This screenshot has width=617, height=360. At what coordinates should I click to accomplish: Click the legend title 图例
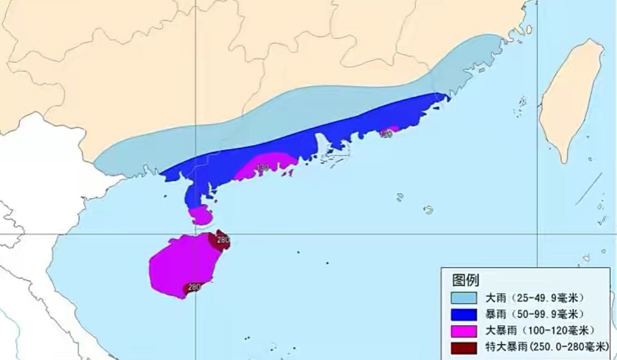coord(465,280)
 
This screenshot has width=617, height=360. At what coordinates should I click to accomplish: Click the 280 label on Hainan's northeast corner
coord(223,240)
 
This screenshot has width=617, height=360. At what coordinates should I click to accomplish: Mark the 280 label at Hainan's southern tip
coord(193,287)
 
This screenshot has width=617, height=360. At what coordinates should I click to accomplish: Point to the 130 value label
coord(262,168)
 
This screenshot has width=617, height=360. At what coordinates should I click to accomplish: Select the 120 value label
coord(386,134)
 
